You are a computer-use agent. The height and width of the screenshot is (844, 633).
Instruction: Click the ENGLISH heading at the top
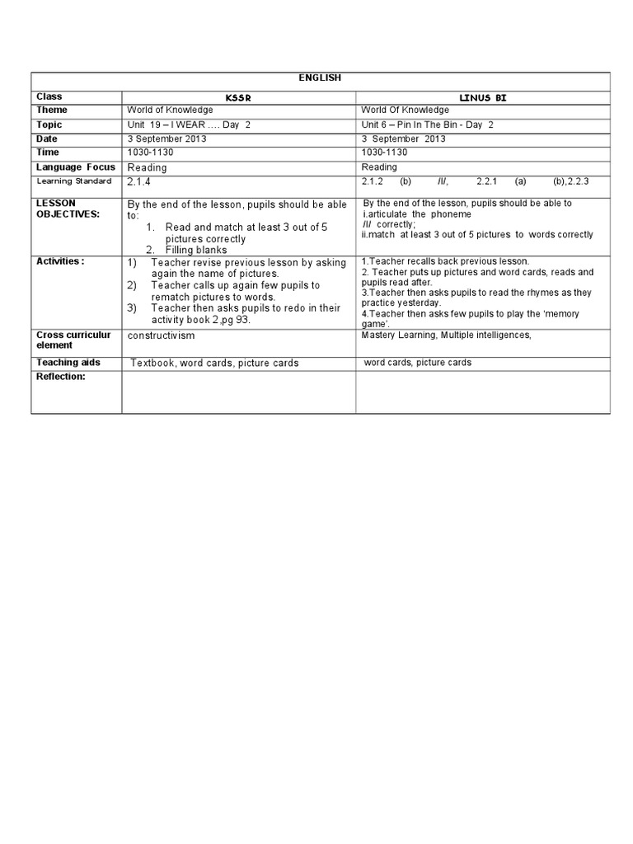click(x=321, y=77)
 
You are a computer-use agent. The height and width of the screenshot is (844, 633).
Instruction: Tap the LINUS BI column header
click(x=483, y=97)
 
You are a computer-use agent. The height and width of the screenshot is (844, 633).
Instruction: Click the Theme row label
click(x=51, y=110)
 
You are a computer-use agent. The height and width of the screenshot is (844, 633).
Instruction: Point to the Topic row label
click(x=49, y=124)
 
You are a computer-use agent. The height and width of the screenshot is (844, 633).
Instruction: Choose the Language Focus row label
click(x=75, y=166)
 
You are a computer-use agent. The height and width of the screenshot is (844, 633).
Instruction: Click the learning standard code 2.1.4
click(x=138, y=181)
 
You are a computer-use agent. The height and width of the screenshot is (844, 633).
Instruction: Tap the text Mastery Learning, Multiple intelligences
click(x=446, y=335)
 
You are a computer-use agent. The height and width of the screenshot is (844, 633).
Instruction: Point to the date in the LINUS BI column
click(x=403, y=138)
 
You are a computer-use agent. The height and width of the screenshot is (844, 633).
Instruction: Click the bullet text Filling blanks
click(x=196, y=250)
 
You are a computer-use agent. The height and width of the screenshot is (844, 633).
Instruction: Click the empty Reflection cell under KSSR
click(x=238, y=392)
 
